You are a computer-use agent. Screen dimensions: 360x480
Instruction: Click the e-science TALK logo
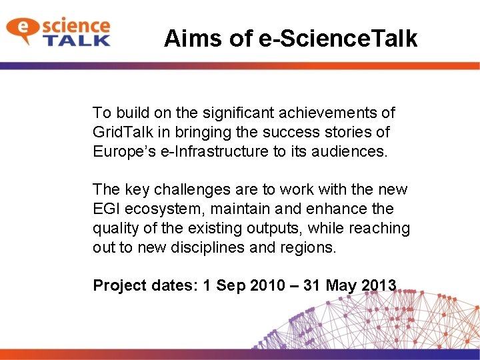[x=58, y=31]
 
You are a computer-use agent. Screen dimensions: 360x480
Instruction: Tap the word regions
[x=314, y=247]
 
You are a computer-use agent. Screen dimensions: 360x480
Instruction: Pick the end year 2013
[x=378, y=285]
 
